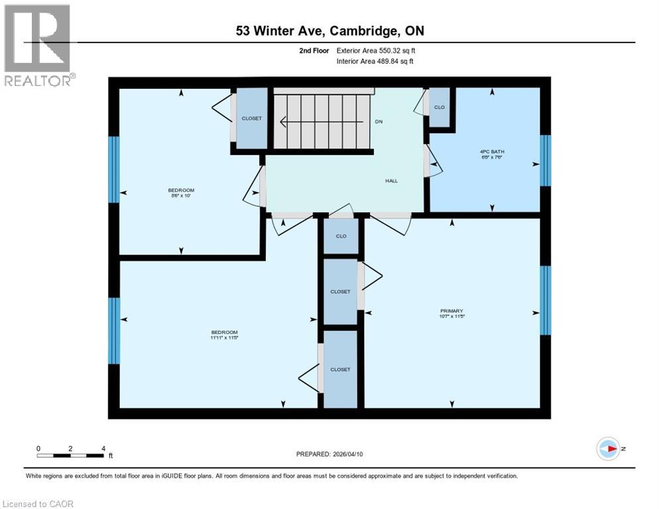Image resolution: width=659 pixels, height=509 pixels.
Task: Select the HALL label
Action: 392,180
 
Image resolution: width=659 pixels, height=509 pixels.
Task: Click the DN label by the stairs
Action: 379,121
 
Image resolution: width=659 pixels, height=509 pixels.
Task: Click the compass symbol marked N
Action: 608,449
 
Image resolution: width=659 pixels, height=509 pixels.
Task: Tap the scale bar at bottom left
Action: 71,455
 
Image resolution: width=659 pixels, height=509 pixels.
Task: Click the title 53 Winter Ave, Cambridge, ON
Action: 329,31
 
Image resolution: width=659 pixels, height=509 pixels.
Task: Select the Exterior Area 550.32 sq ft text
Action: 376,50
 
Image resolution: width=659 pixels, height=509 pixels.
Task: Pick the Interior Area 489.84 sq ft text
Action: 376,62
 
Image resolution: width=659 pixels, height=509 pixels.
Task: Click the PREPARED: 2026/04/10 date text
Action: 329,454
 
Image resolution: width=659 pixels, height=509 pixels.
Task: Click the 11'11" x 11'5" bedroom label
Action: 224,335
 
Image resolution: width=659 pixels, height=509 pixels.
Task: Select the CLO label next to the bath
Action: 439,107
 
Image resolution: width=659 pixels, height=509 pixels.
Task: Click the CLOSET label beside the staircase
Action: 251,119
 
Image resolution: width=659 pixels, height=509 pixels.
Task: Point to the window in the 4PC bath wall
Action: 546,160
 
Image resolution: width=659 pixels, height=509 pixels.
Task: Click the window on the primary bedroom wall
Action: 546,300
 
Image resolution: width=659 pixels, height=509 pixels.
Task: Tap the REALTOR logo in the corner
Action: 38,45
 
